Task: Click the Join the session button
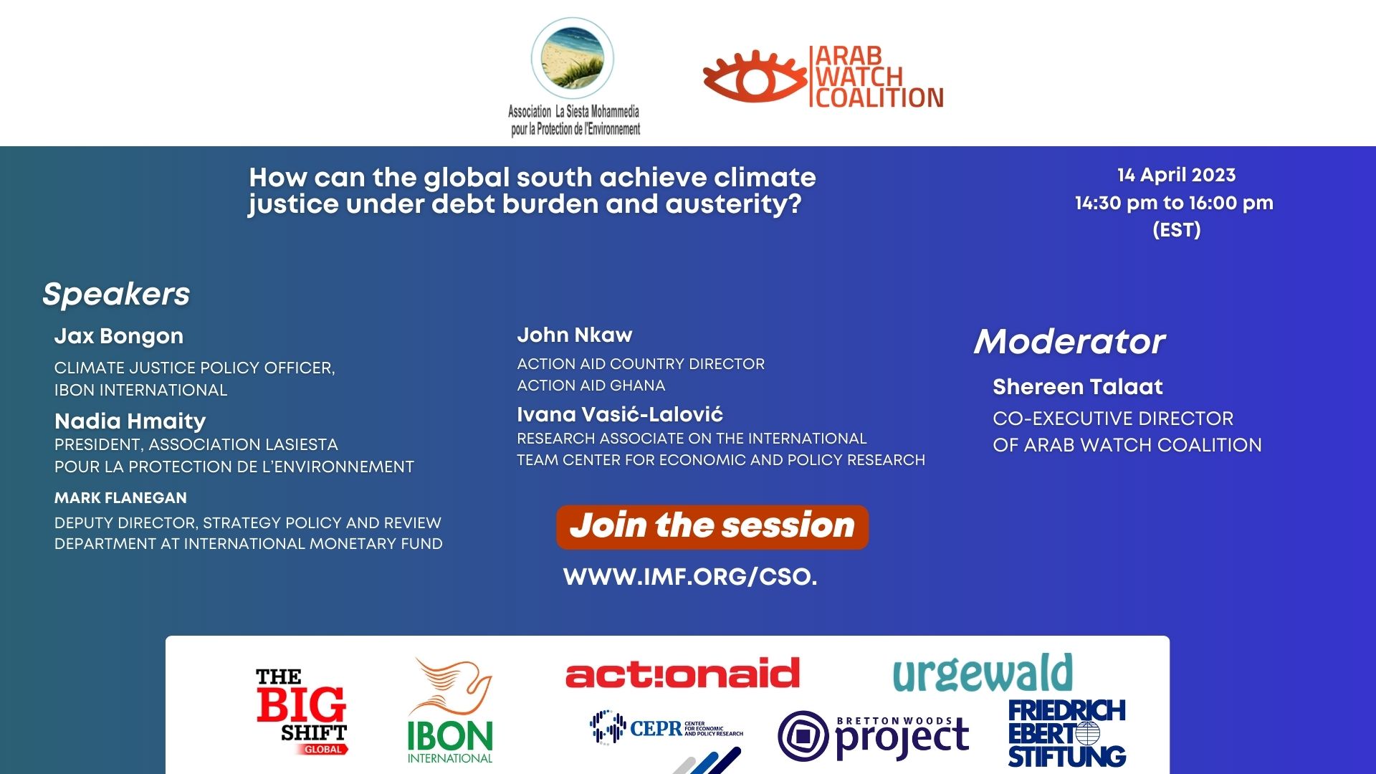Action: (712, 527)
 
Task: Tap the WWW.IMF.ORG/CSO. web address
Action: (690, 577)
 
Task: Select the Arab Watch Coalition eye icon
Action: (754, 76)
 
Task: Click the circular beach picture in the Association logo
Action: (573, 59)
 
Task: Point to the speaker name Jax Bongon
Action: (119, 336)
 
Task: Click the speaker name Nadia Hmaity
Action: (130, 421)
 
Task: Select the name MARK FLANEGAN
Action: (120, 497)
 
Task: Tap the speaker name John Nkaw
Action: (575, 335)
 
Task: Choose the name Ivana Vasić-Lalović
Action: (620, 414)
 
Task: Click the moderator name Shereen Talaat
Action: (1078, 387)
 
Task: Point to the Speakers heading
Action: (116, 294)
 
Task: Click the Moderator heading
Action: (1070, 341)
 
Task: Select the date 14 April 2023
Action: (1177, 175)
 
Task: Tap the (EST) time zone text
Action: (1177, 230)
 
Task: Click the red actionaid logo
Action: (682, 673)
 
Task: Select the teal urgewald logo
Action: (983, 674)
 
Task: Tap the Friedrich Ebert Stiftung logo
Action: (1067, 733)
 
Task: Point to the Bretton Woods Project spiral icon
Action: (803, 736)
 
